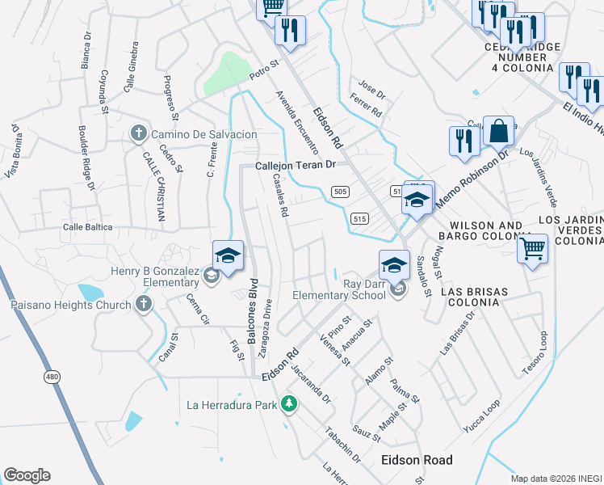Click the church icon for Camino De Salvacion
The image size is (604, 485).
pos(138,133)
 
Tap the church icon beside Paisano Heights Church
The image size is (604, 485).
pos(144,305)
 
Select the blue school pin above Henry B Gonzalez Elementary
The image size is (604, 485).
pos(229,256)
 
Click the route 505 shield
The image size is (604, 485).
pos(339,191)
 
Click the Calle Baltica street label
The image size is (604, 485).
pos(88,228)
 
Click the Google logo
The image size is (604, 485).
pos(27,475)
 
